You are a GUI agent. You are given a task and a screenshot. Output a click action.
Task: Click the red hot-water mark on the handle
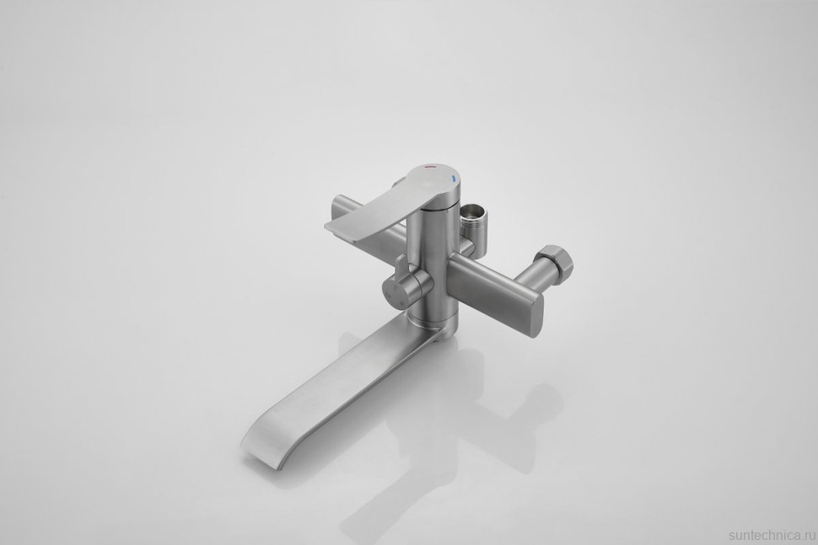(430, 169)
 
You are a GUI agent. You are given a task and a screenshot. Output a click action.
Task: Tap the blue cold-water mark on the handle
(454, 179)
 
